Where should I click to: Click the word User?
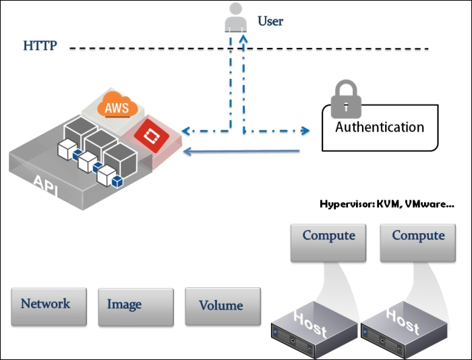click(x=270, y=22)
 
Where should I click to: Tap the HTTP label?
click(x=40, y=47)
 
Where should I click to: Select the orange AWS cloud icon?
click(x=117, y=107)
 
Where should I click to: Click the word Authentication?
click(x=380, y=127)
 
